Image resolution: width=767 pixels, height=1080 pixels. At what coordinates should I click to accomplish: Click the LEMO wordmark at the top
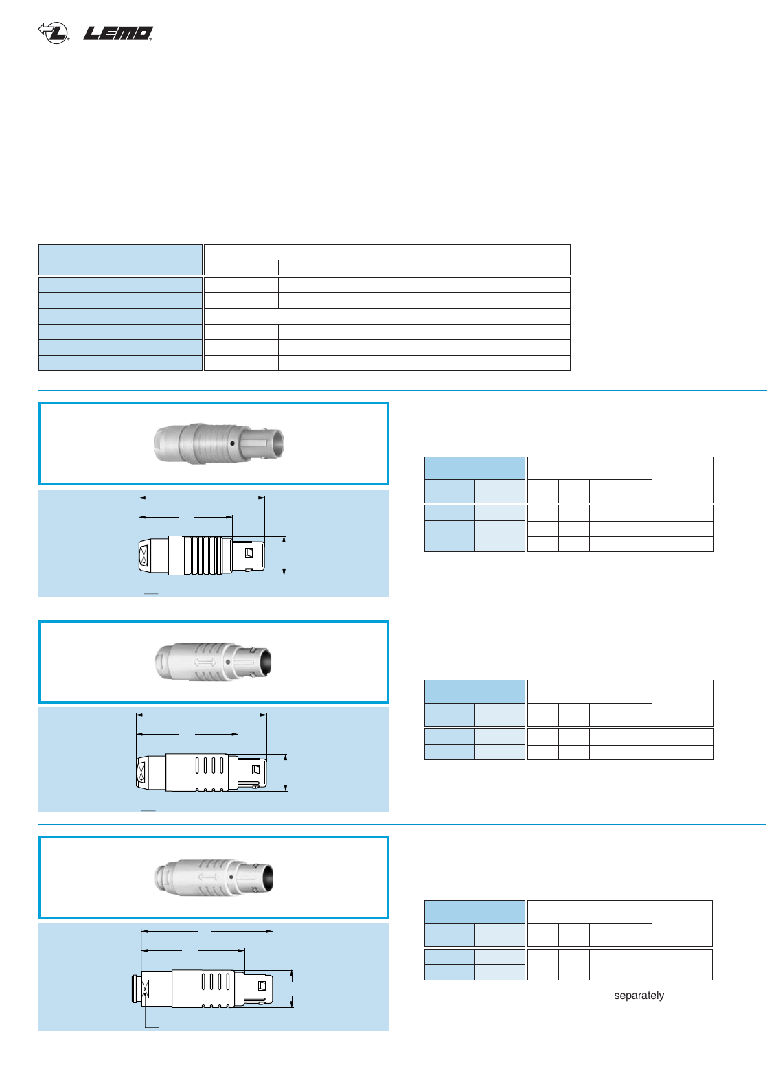pyautogui.click(x=118, y=33)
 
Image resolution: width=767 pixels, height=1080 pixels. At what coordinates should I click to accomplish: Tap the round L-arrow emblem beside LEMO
pyautogui.click(x=54, y=32)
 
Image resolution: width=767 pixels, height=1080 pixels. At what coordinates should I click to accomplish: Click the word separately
pyautogui.click(x=639, y=996)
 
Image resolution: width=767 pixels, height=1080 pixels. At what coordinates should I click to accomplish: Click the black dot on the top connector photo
pyautogui.click(x=233, y=444)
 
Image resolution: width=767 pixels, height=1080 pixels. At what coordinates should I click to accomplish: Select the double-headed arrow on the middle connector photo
pyautogui.click(x=205, y=663)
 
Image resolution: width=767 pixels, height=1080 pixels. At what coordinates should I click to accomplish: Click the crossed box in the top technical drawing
pyautogui.click(x=144, y=555)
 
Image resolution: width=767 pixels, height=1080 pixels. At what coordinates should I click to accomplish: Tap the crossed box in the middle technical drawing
pyautogui.click(x=142, y=772)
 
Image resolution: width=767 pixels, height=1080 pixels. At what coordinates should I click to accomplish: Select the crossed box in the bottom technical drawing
pyautogui.click(x=146, y=989)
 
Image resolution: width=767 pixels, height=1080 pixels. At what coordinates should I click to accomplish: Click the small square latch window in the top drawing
pyautogui.click(x=249, y=552)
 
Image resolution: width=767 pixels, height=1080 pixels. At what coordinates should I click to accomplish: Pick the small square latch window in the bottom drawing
pyautogui.click(x=262, y=986)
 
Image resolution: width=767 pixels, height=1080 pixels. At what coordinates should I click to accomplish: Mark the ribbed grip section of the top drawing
pyautogui.click(x=203, y=555)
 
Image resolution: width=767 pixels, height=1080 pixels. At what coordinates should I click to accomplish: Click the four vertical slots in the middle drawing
pyautogui.click(x=209, y=764)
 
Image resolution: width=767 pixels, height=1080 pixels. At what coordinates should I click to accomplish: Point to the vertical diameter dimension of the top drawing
pyautogui.click(x=284, y=555)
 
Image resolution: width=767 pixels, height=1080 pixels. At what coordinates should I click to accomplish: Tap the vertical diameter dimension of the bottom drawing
pyautogui.click(x=293, y=989)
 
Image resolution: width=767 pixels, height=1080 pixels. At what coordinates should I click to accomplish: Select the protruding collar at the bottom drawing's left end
pyautogui.click(x=136, y=989)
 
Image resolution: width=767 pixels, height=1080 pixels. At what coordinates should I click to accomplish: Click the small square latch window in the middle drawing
pyautogui.click(x=256, y=769)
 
